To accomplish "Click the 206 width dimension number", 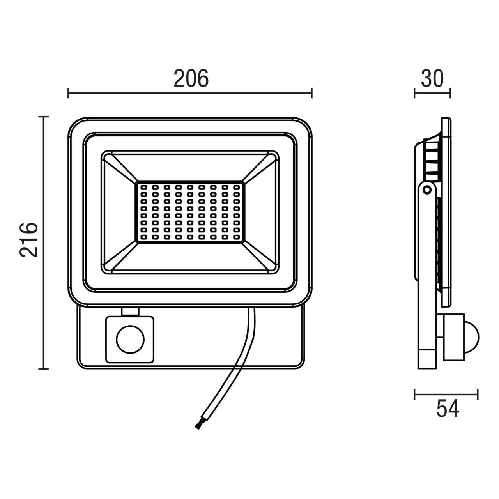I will point(191,79).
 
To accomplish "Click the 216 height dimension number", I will point(30,239).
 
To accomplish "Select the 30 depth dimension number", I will point(432,79).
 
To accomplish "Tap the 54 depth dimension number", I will point(448,409).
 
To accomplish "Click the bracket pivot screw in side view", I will point(427,190).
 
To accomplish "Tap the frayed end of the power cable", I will point(197,426).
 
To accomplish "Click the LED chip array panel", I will point(190,212).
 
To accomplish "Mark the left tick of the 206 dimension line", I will point(69,93).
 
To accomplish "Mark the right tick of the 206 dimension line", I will point(311,93).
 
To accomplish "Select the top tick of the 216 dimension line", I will point(44,117).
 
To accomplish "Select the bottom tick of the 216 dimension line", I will point(44,368).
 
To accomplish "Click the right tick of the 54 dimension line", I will point(478,395).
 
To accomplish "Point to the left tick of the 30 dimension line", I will point(415,93).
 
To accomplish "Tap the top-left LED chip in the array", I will point(143,188).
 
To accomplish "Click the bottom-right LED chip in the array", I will point(236,237).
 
